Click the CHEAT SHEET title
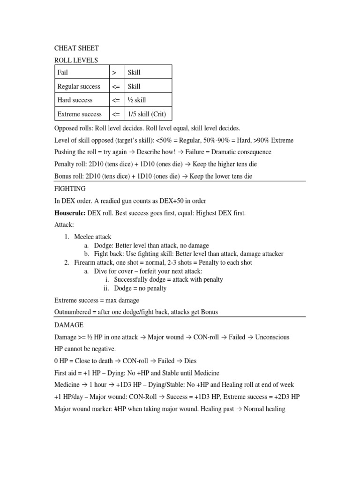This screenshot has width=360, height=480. point(76,48)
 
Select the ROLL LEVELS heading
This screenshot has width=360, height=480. point(76,60)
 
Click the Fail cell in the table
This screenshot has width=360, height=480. point(62,72)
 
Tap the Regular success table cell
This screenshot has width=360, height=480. point(79,86)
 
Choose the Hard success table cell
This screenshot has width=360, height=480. point(75,100)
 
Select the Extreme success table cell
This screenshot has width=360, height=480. point(80,114)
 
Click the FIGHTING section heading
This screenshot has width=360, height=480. point(70,189)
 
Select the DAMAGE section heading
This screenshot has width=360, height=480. point(69,325)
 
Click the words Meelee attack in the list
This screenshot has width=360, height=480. point(93,237)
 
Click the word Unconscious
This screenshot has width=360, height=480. point(272,337)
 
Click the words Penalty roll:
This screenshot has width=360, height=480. point(72,164)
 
